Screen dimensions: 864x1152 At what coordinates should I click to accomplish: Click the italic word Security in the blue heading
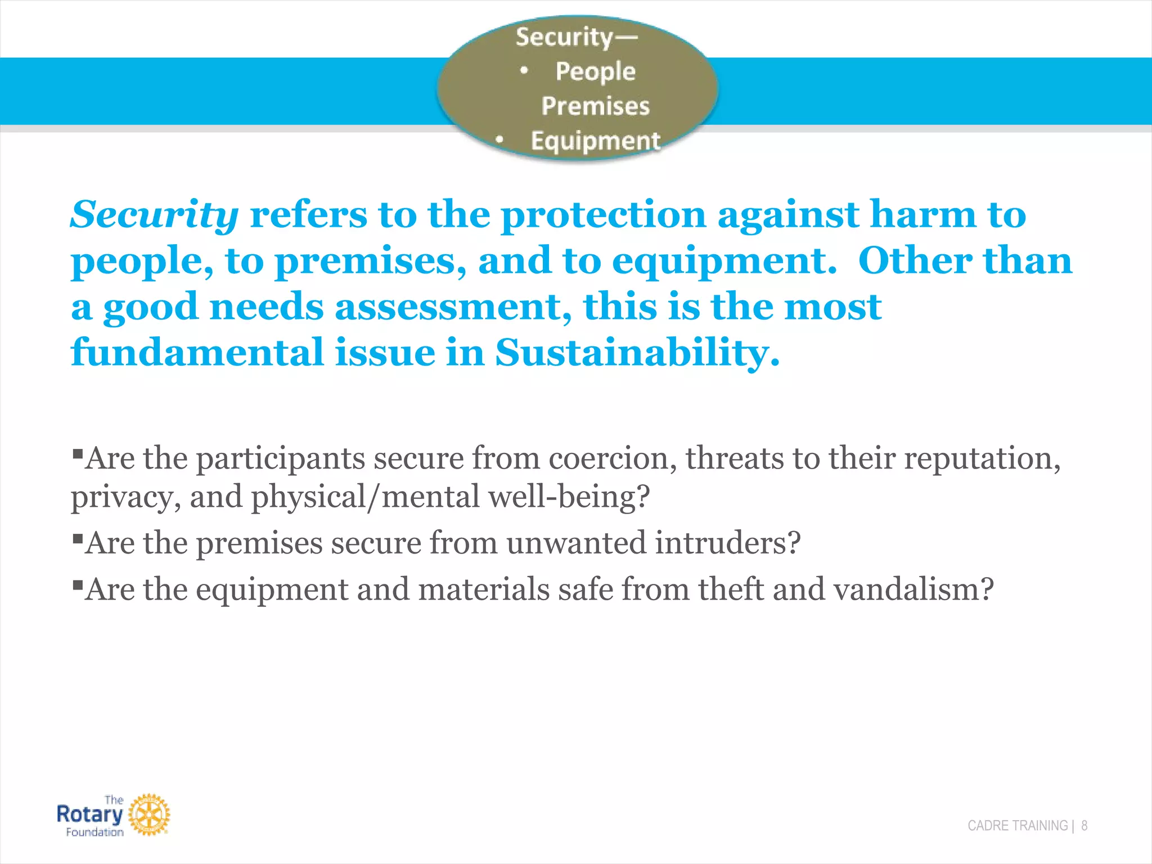coord(155,215)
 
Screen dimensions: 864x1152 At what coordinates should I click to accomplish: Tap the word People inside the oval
coord(595,71)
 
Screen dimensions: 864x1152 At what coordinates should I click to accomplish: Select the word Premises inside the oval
coord(595,106)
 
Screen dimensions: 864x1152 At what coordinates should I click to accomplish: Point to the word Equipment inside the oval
coord(595,141)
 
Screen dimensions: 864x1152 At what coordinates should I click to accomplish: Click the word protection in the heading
coord(603,215)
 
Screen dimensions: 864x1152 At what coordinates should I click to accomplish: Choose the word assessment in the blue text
coord(453,308)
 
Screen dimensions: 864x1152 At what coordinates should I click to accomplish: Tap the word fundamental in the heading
coord(197,353)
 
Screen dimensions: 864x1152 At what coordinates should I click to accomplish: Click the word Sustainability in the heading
coord(637,353)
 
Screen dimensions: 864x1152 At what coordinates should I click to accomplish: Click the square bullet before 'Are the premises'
coord(78,537)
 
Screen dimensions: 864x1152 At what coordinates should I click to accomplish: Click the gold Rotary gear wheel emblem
coord(149,814)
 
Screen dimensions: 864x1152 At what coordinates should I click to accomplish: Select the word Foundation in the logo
coord(94,832)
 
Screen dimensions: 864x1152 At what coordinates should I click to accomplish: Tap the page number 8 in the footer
coord(1084,826)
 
